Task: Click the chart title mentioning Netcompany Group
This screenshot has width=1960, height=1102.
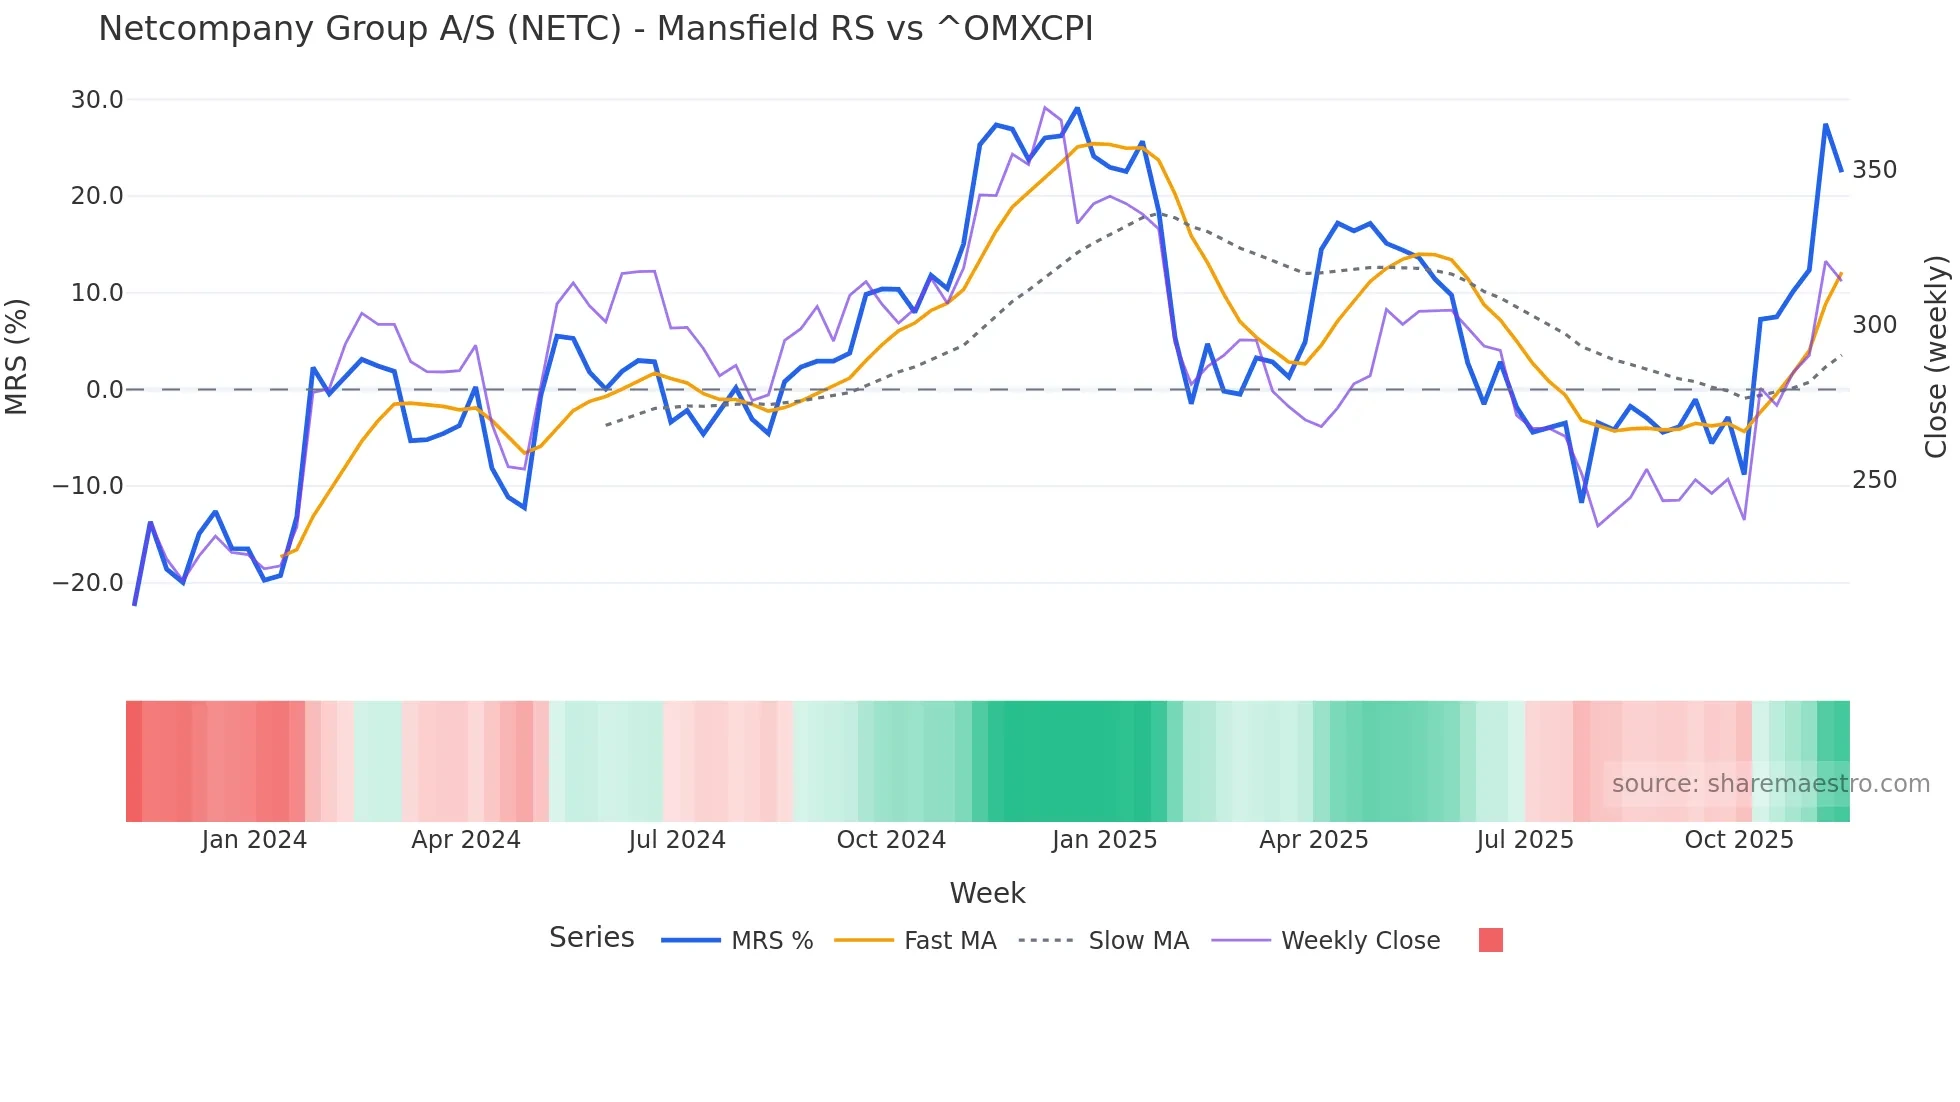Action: [595, 29]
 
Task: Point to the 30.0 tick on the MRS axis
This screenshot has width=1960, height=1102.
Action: [97, 100]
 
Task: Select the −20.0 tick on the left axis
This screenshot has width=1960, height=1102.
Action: [89, 583]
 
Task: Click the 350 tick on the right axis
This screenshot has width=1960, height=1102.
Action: [1874, 170]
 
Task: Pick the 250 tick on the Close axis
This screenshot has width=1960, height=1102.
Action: [1874, 480]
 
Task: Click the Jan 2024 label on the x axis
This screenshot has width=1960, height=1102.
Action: [254, 840]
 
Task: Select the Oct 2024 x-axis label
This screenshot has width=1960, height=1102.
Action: [891, 840]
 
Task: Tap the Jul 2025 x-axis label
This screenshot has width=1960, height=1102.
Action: [1525, 840]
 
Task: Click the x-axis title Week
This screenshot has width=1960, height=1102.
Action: [987, 893]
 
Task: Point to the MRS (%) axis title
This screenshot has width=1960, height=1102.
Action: [17, 357]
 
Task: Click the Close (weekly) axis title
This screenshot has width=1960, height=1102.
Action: [1936, 357]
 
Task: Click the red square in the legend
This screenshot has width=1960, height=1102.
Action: [1490, 940]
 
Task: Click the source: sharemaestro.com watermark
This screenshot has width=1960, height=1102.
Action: [1770, 784]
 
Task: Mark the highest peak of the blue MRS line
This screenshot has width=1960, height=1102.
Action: [1077, 108]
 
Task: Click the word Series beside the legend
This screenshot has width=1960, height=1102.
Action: [591, 938]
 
